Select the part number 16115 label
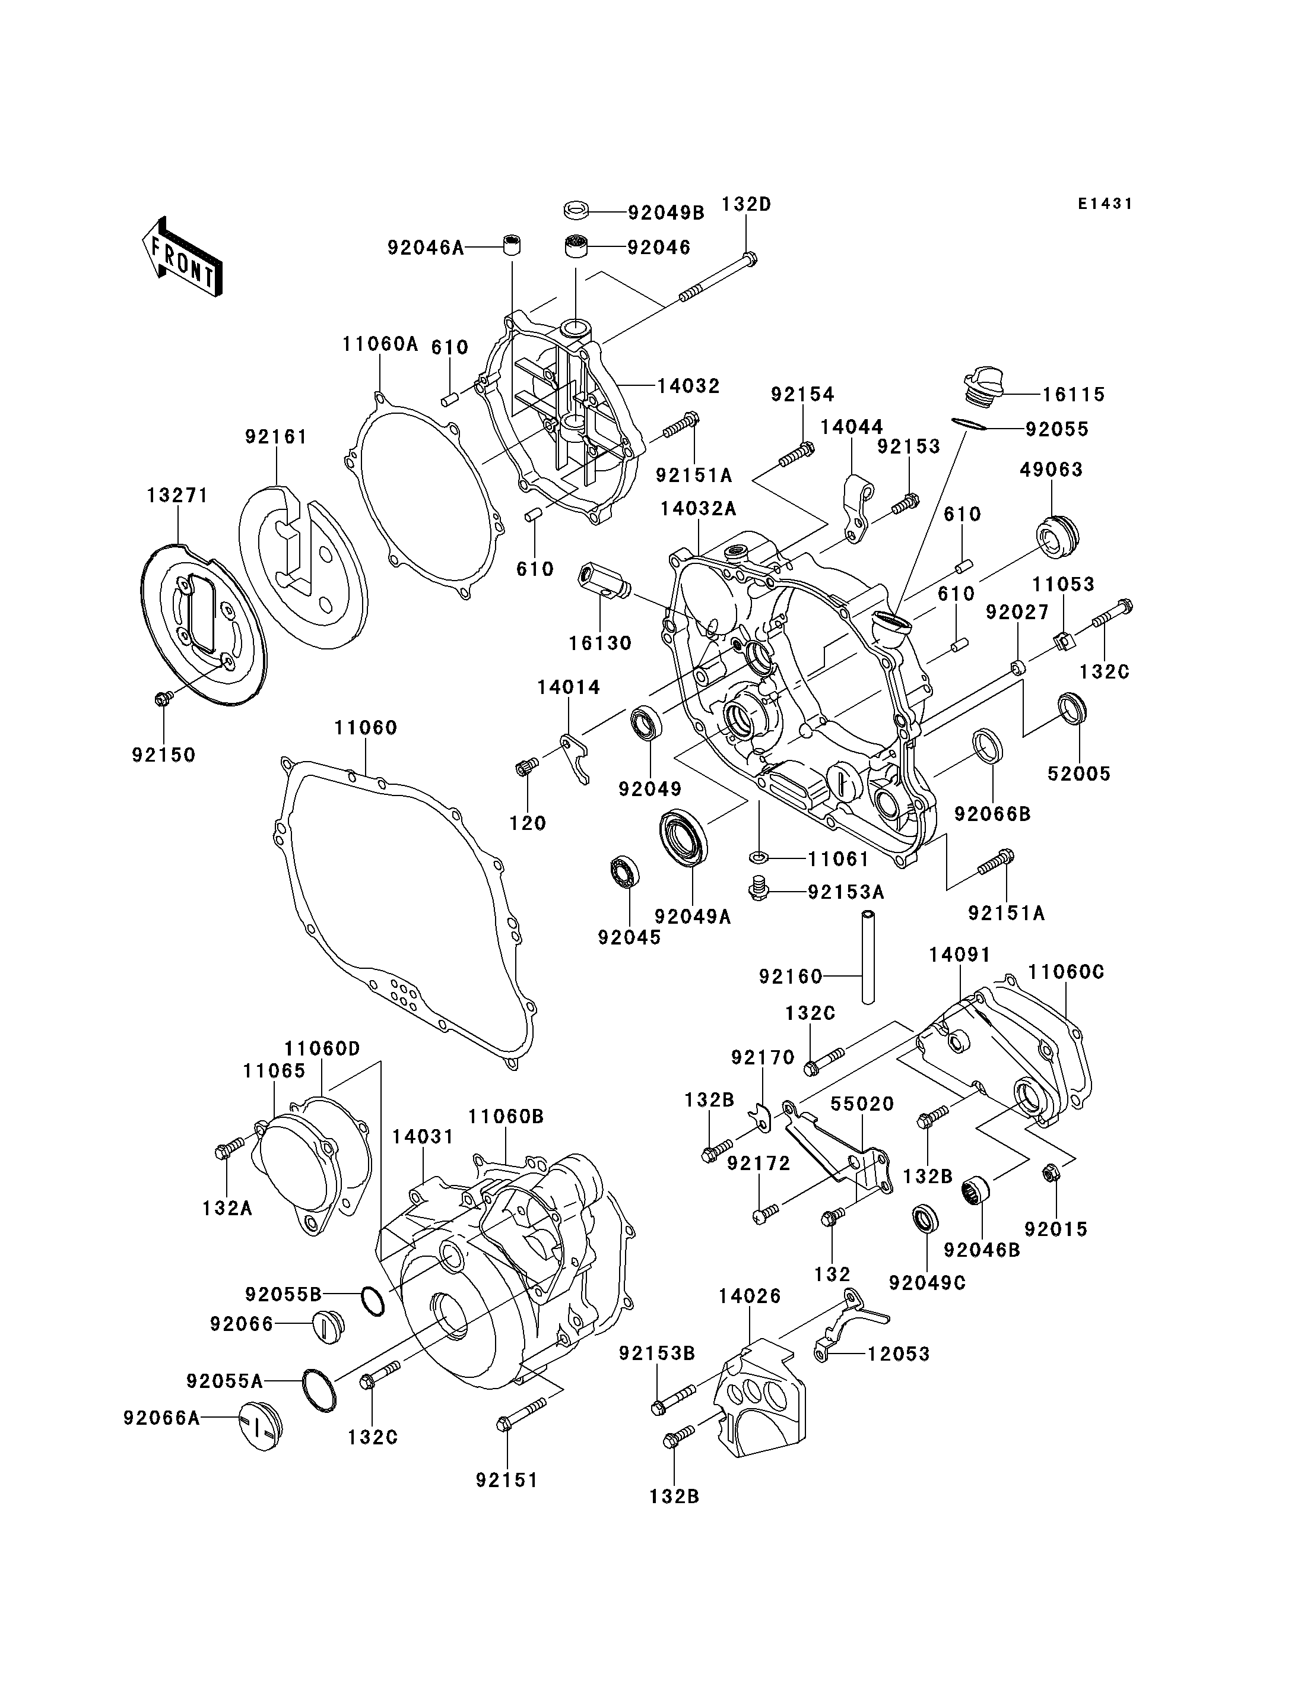coord(1073,394)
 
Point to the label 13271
coord(178,495)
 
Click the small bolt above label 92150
coord(163,698)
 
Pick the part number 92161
coord(277,437)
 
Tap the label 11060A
coord(380,344)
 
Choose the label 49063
coord(1051,470)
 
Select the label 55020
coord(863,1104)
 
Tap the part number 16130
coord(600,643)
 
